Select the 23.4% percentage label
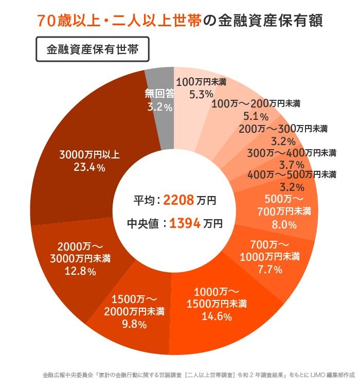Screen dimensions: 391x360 tap(89, 167)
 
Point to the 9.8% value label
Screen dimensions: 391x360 tap(132, 325)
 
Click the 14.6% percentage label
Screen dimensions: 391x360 tap(216, 316)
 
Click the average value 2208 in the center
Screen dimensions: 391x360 tap(178, 200)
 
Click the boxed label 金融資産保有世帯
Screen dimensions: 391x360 tap(93, 49)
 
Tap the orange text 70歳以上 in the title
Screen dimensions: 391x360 tap(65, 22)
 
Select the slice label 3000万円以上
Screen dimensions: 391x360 tap(89, 154)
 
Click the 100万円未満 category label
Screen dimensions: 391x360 tap(201, 81)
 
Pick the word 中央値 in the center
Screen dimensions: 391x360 tap(144, 224)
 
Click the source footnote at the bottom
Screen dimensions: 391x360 tap(199, 376)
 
